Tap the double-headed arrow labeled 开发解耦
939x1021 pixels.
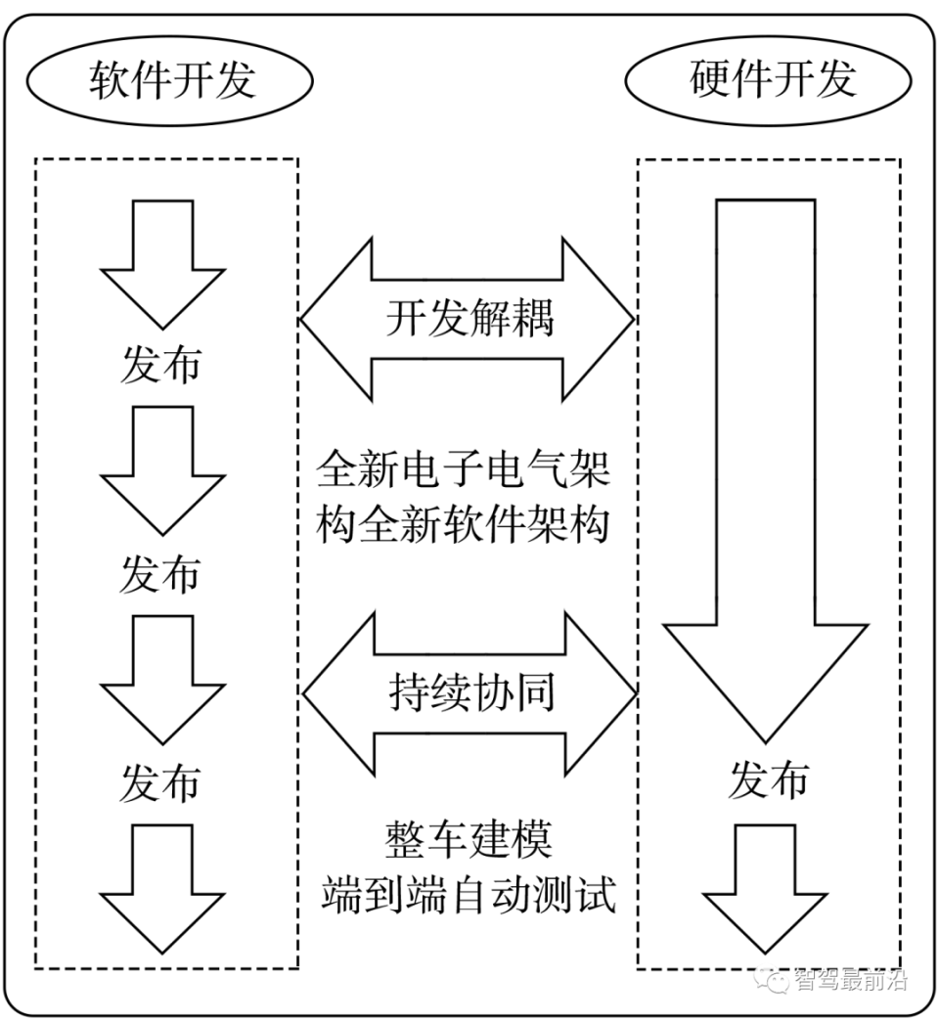pos(469,319)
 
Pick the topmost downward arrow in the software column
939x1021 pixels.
pos(163,262)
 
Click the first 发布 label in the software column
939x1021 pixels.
pos(160,364)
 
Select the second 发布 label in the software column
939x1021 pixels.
pos(160,574)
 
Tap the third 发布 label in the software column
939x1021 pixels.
pos(160,783)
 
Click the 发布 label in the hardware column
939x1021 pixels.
pos(768,780)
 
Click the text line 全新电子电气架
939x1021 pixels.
pos(464,470)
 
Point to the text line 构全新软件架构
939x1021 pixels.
pos(464,525)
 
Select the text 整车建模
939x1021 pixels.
pos(469,839)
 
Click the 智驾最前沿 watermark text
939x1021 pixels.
pos(851,979)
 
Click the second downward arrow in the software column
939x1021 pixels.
pos(163,469)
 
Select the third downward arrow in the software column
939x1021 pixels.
pos(163,679)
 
